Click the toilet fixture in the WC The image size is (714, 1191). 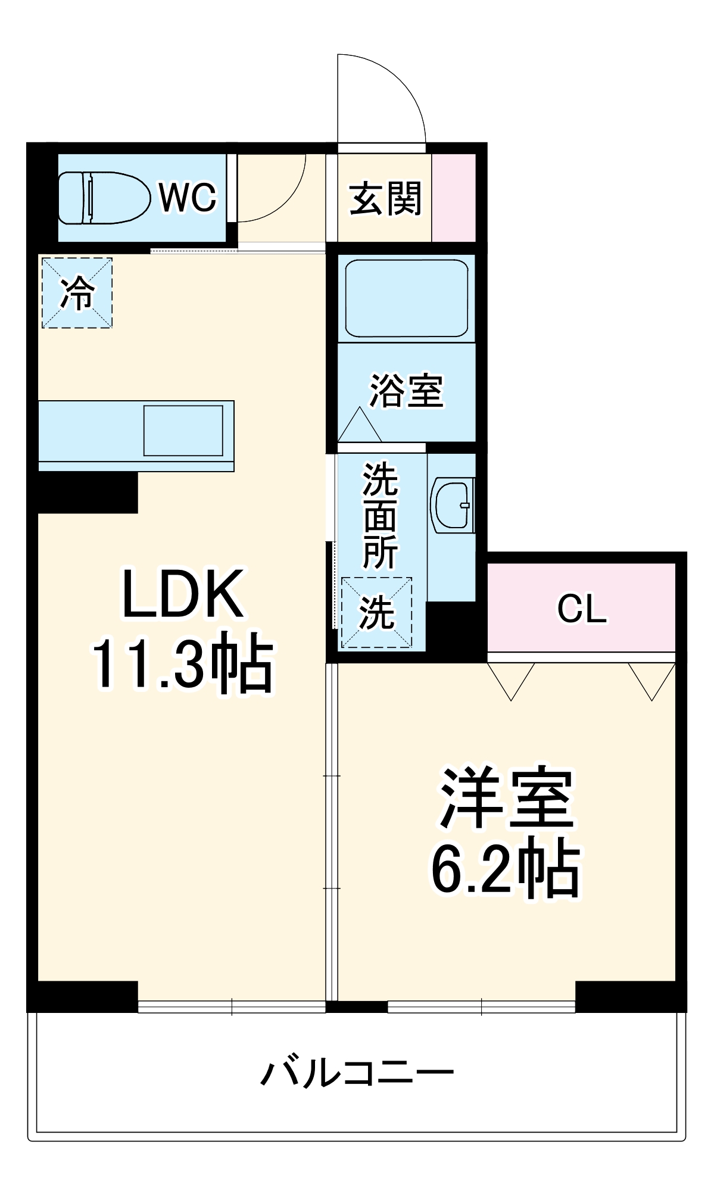coord(104,198)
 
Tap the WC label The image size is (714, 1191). coord(188,197)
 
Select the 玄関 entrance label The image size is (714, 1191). coord(385,199)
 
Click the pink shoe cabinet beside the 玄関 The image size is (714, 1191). coord(454,198)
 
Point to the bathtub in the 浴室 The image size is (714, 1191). coord(406,298)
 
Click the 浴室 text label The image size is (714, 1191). coord(406,391)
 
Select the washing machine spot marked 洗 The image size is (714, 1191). coord(376,613)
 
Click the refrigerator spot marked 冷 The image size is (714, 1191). coord(77,292)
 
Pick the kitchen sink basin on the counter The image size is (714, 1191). coord(183,430)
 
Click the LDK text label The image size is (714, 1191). coord(182,594)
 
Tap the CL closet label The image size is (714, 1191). coord(582,609)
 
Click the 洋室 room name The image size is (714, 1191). coord(506,799)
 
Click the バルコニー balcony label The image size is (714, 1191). coord(357,1074)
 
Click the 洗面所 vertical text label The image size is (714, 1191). coord(380,516)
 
